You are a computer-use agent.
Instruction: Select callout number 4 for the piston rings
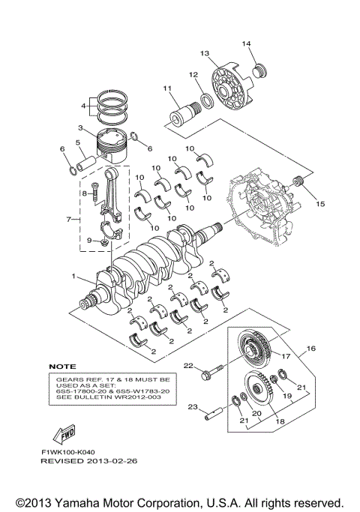point(83,106)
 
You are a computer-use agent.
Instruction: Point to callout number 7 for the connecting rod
point(70,220)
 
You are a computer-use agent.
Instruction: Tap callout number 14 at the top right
point(246,44)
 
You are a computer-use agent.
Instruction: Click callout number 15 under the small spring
point(320,203)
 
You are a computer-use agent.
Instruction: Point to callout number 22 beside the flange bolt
point(188,365)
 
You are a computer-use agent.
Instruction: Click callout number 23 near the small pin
point(192,408)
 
